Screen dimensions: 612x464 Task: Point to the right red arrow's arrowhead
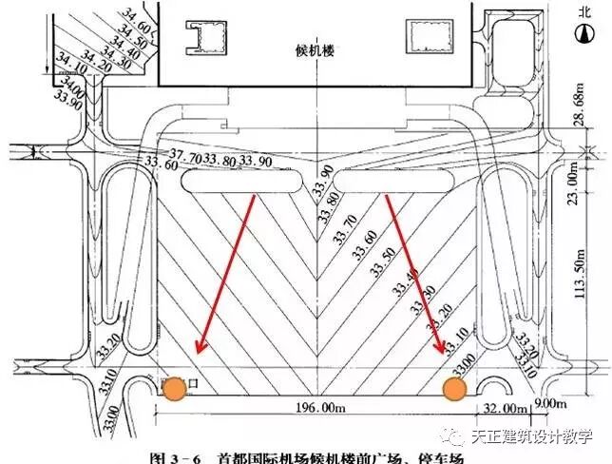pyautogui.click(x=441, y=350)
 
